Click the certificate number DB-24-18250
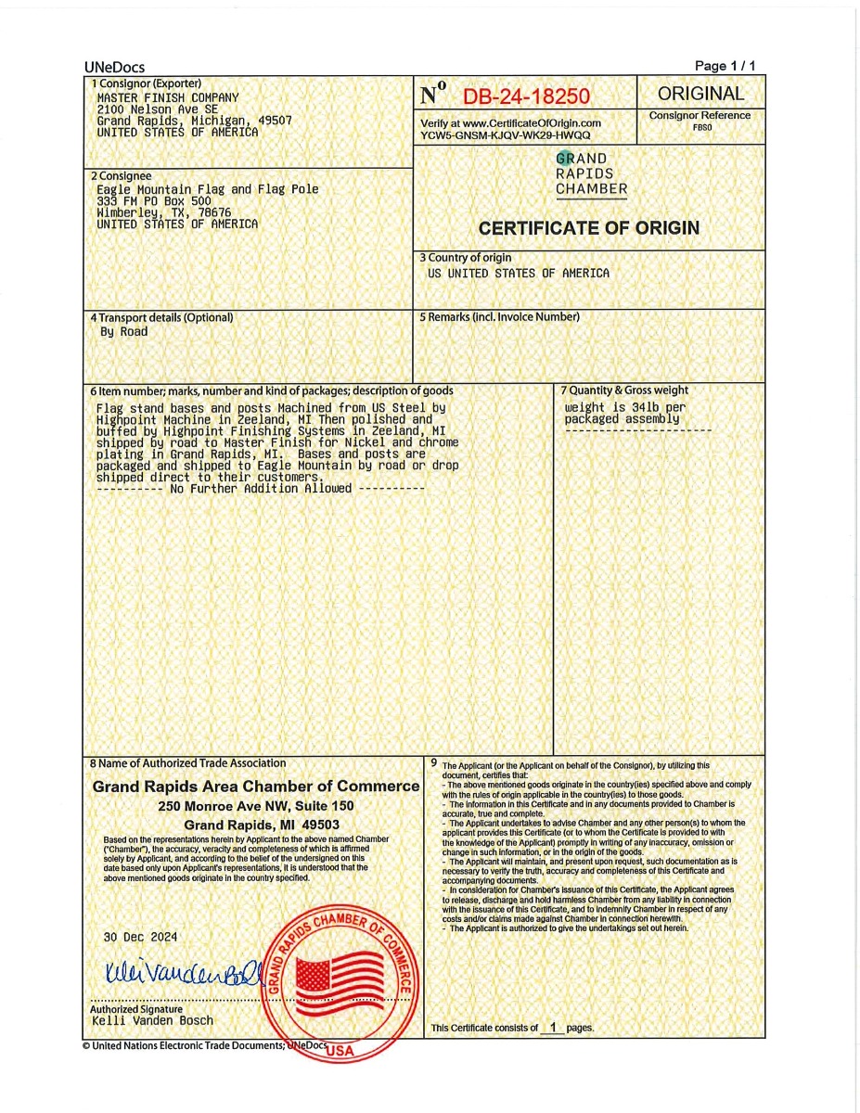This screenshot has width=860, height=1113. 526,96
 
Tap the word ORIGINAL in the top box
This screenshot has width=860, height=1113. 700,94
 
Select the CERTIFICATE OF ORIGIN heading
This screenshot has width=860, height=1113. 589,228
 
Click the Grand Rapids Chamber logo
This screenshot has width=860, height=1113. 591,174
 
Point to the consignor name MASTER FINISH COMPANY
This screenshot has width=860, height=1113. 168,97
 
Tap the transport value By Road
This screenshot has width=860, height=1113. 123,332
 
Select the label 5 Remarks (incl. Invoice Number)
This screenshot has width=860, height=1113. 499,317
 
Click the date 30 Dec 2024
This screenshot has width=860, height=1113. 139,938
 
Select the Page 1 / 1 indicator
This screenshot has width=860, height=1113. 725,66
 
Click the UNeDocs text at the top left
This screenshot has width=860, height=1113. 114,67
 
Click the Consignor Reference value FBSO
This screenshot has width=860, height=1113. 701,127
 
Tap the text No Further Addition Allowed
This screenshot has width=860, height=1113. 261,489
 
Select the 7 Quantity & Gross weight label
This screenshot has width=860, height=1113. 623,390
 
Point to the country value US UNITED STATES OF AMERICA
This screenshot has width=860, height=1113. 519,274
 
